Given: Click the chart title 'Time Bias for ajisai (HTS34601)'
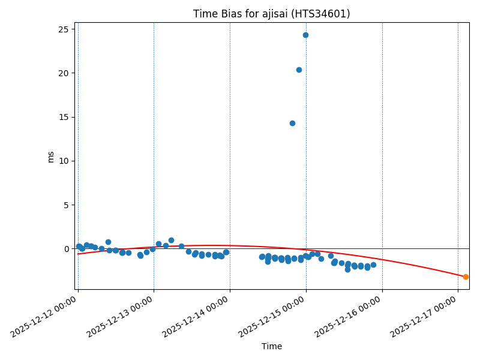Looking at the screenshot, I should pos(271,14).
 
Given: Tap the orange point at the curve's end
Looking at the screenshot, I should pos(466,277).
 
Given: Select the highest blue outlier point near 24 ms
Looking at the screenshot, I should pos(305,35).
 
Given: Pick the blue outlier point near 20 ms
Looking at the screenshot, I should pos(299,70).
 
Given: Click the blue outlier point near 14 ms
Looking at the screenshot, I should pos(292,123).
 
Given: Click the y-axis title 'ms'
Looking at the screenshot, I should pos(50,157).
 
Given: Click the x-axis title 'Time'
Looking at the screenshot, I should pos(271,346).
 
